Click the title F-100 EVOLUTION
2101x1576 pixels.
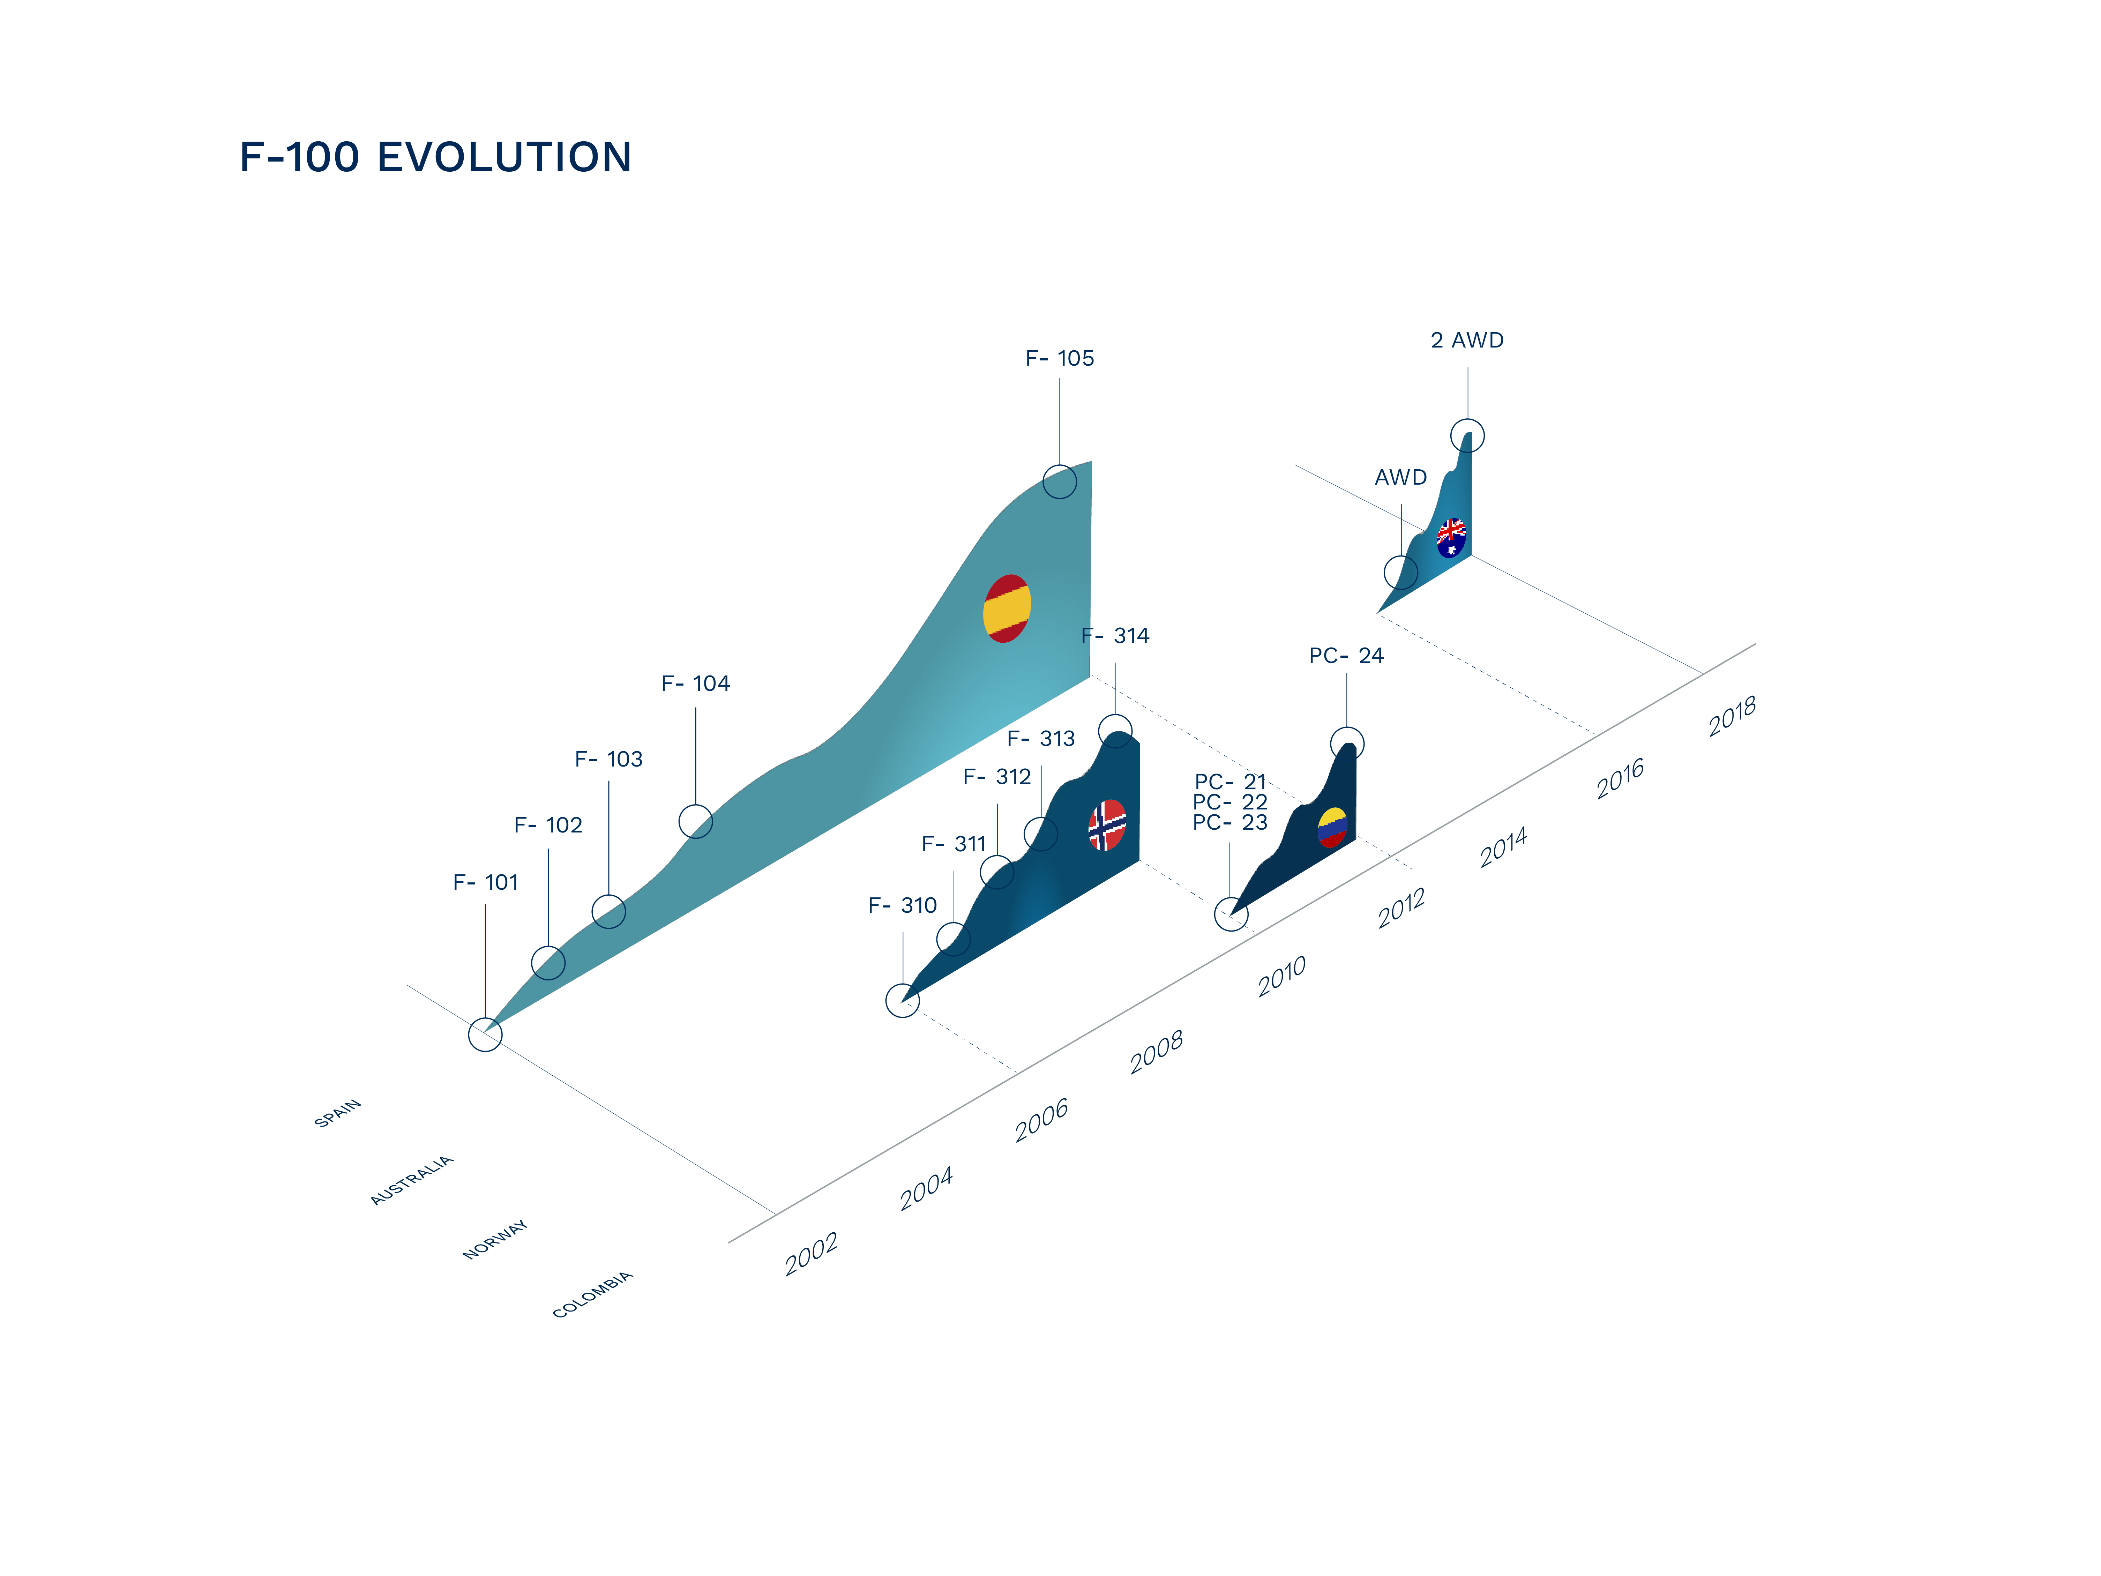[435, 157]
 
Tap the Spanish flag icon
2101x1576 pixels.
[1007, 609]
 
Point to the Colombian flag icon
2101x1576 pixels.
[1333, 827]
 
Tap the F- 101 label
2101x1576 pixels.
[485, 882]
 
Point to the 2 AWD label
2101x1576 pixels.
[1467, 340]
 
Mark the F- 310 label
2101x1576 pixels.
[902, 905]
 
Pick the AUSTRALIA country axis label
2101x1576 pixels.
[411, 1181]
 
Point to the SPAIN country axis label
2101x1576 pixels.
[337, 1113]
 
